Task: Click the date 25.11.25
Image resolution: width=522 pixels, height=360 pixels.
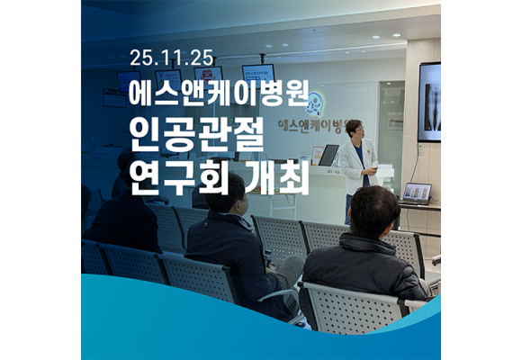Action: (171, 58)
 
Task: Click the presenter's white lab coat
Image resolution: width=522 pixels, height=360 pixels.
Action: (359, 166)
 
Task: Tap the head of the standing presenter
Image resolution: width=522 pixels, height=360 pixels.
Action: (355, 129)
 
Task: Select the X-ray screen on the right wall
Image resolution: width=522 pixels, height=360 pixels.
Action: (429, 101)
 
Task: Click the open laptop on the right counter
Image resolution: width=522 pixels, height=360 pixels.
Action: (416, 193)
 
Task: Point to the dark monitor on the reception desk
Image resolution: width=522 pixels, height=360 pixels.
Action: (328, 155)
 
